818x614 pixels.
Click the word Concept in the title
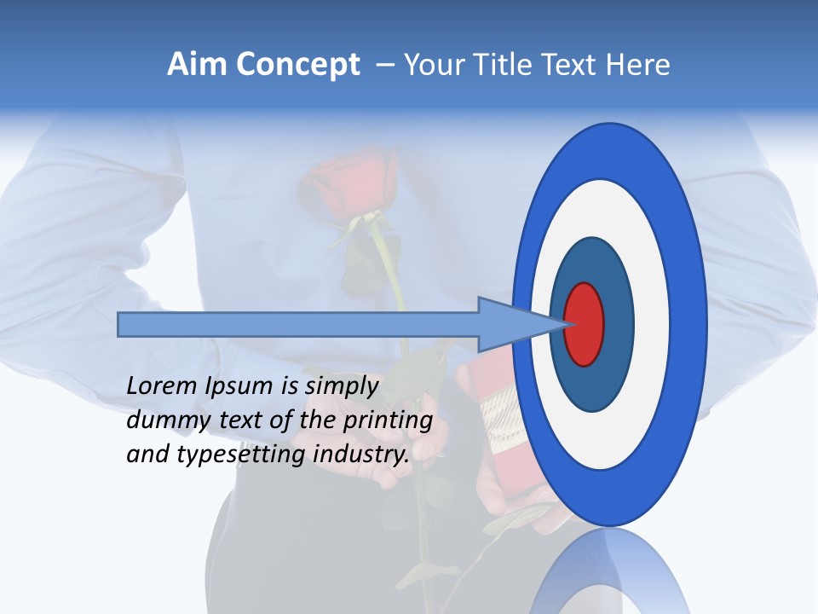(297, 65)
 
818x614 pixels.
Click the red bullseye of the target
(584, 325)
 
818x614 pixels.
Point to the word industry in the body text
(360, 455)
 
